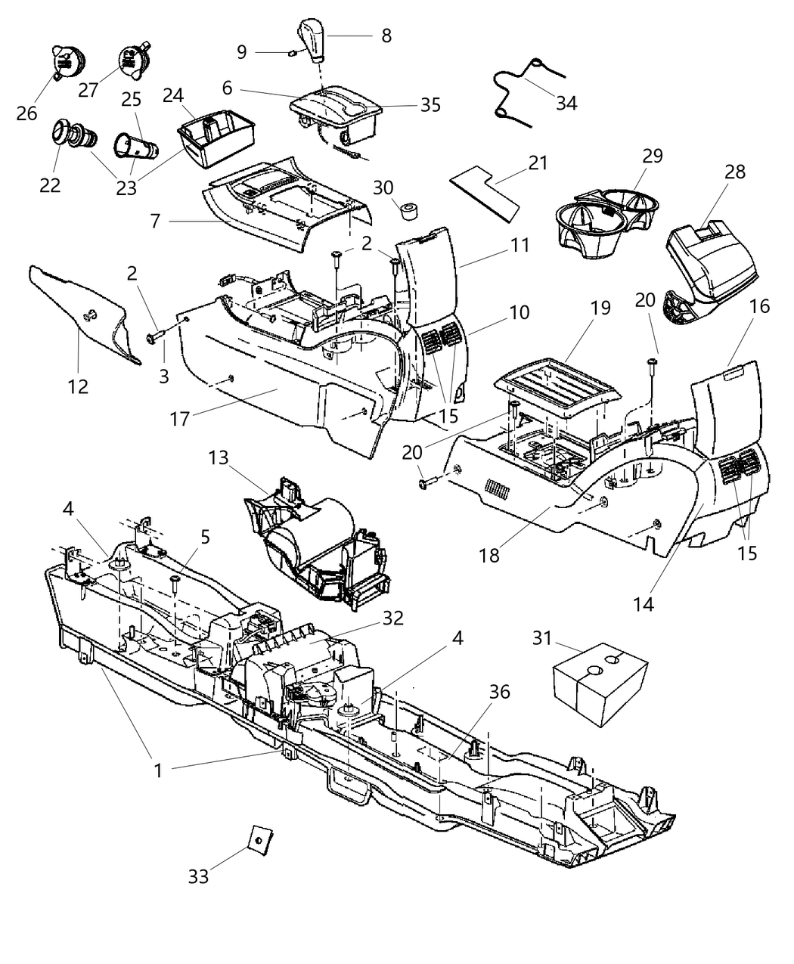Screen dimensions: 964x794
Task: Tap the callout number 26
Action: (27, 113)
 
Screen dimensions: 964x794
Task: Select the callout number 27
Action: (88, 90)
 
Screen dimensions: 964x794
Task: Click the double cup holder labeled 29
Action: (609, 212)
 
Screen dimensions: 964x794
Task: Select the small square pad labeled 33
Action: (259, 837)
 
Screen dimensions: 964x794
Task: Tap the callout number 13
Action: (219, 458)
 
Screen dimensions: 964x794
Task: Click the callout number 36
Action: (499, 691)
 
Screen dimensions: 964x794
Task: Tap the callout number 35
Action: (430, 104)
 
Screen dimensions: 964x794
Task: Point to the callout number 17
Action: (179, 418)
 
